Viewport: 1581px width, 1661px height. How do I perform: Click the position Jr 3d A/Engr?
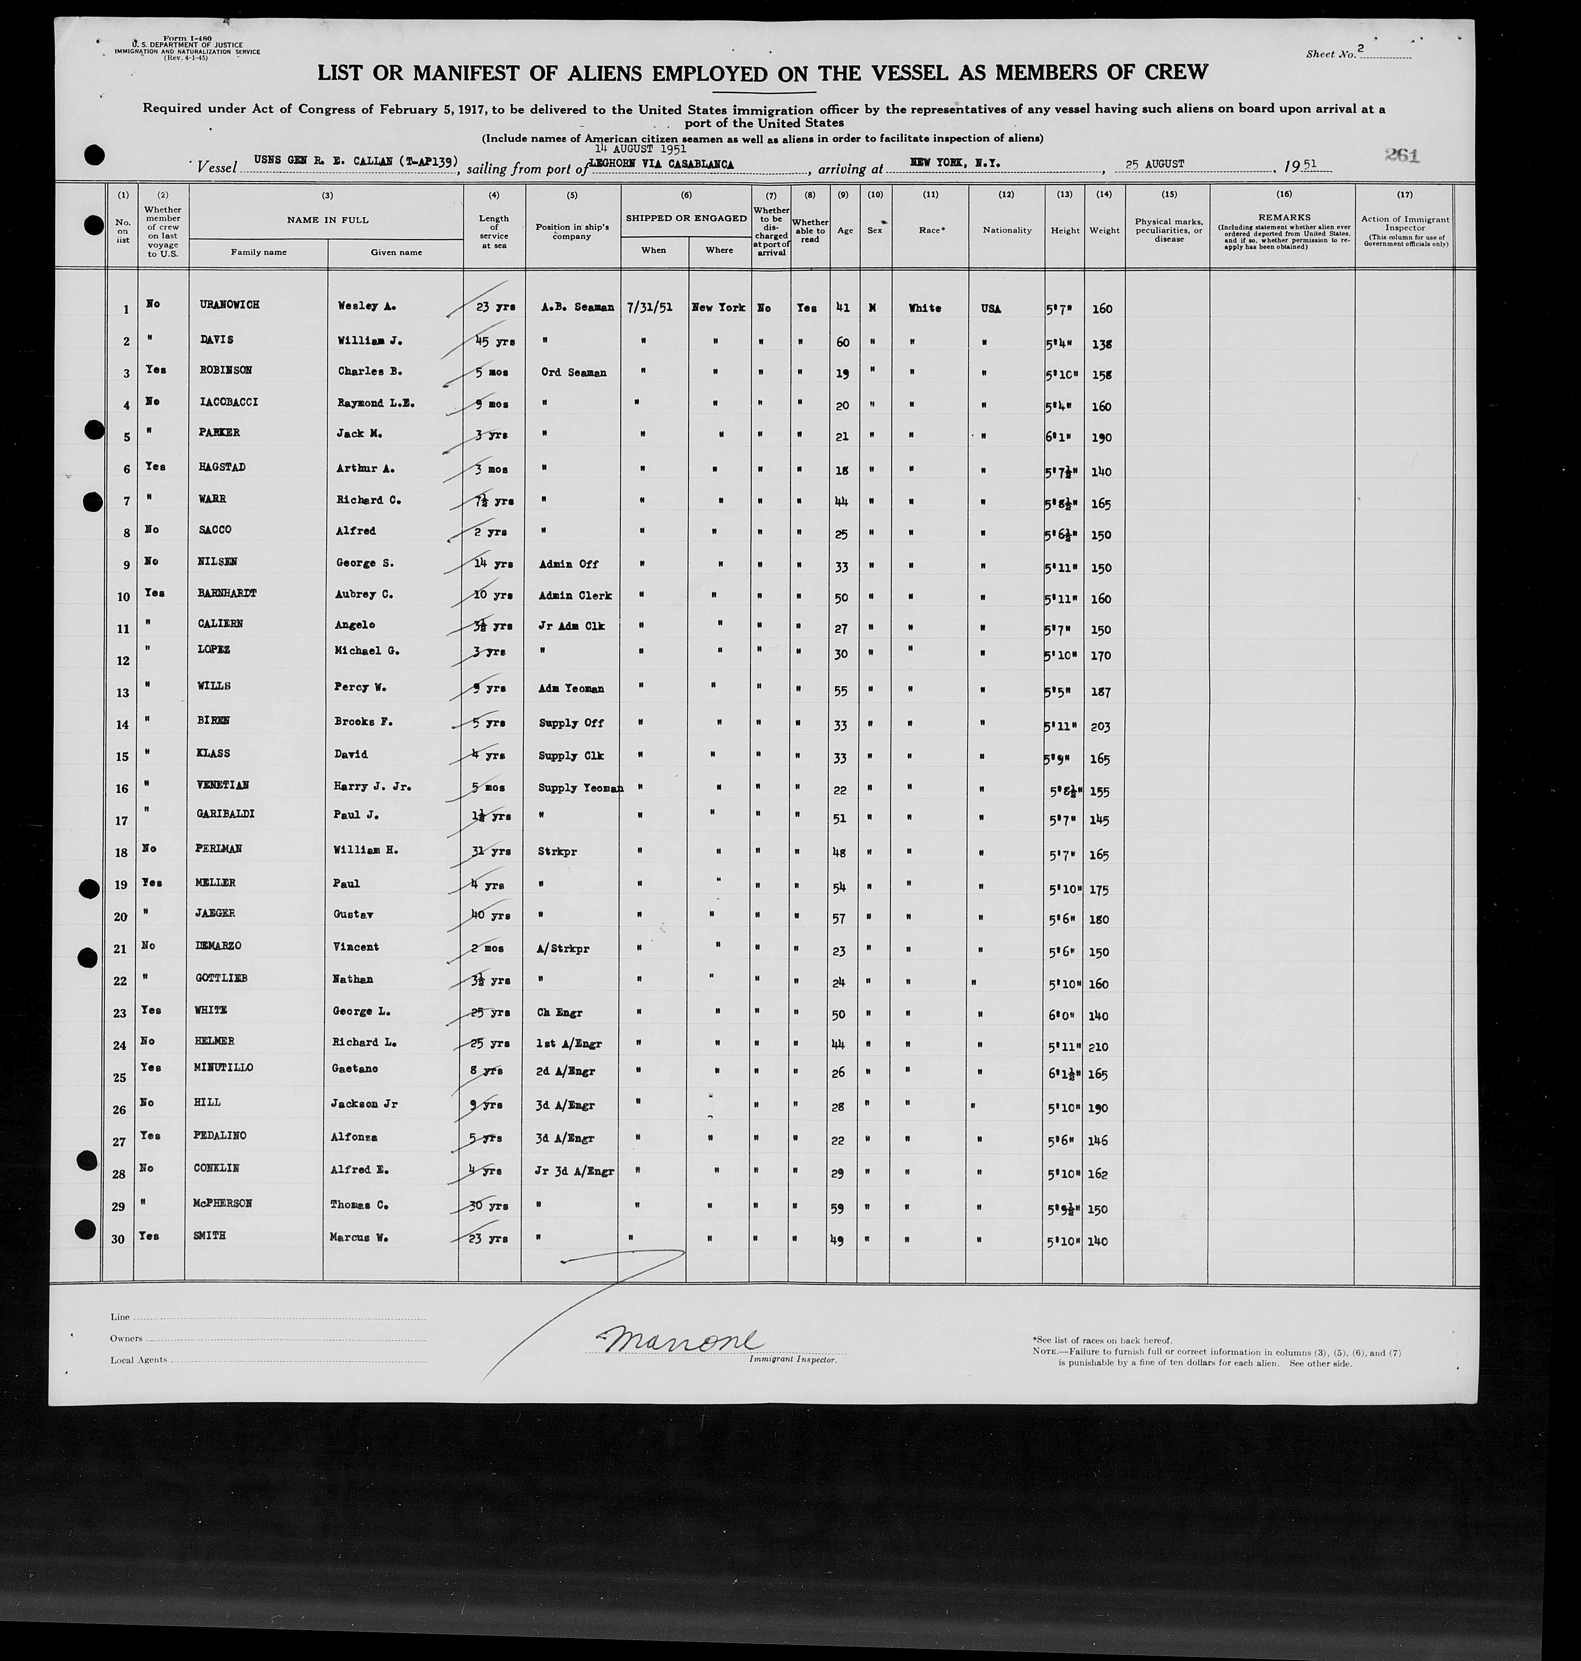pos(574,1171)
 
